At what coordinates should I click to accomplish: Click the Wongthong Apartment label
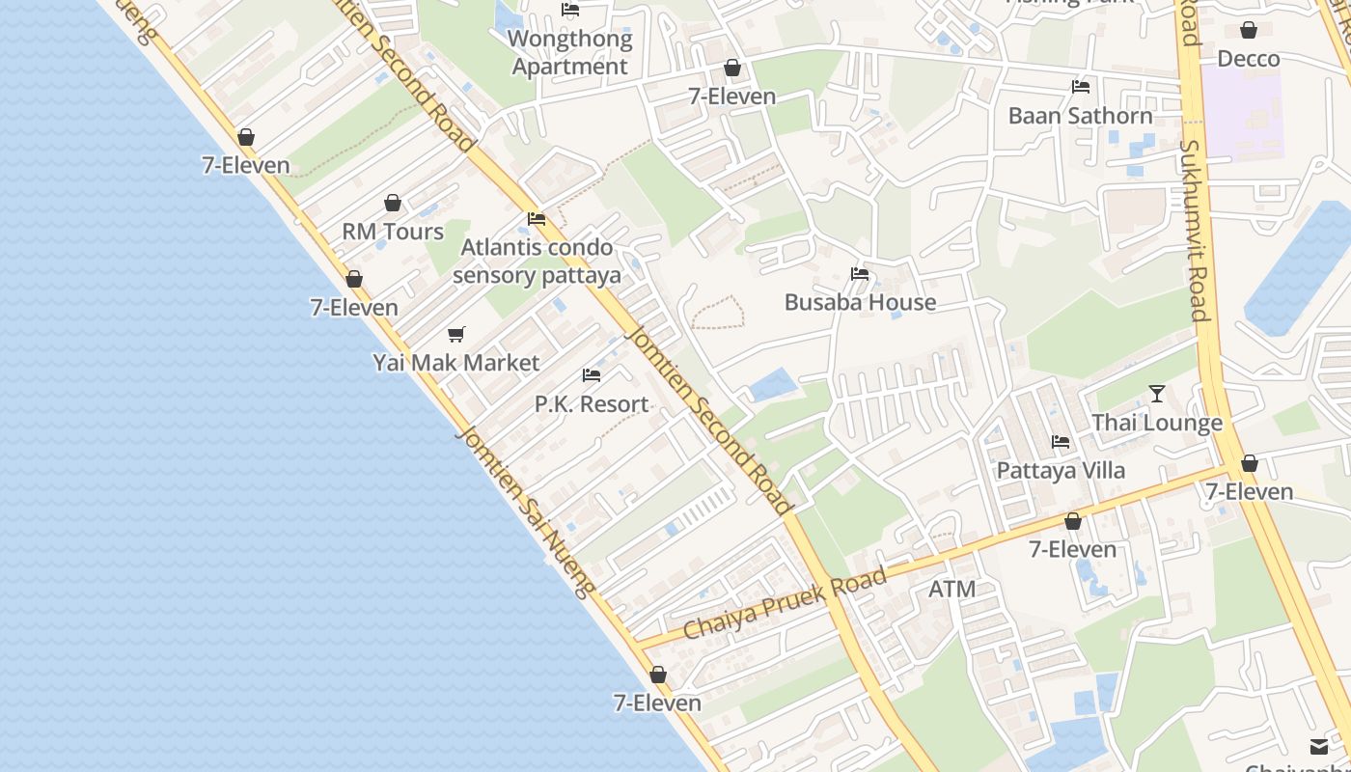[569, 53]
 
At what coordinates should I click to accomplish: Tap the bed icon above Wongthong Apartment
[570, 10]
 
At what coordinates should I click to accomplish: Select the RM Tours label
[393, 232]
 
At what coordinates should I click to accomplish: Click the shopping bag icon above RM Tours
[393, 203]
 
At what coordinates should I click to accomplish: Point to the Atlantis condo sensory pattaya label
[537, 262]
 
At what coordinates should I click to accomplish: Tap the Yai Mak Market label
[456, 363]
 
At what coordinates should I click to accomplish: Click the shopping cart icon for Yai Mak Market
[456, 334]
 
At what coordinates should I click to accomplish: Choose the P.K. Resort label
[592, 403]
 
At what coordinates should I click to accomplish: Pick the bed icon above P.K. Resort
[592, 374]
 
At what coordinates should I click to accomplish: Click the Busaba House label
[860, 302]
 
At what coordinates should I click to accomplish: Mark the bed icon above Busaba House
[860, 274]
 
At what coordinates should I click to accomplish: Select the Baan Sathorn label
[1080, 116]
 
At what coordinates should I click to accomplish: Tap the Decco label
[1248, 59]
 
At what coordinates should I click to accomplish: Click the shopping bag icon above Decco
[1249, 30]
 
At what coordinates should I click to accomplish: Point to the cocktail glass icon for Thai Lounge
[1157, 394]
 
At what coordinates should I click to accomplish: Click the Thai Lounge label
[1157, 423]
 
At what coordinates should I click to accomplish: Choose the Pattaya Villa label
[1061, 471]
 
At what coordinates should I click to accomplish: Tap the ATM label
[951, 589]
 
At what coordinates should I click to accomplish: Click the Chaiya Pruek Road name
[785, 604]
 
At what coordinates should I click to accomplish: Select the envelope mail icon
[1319, 746]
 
